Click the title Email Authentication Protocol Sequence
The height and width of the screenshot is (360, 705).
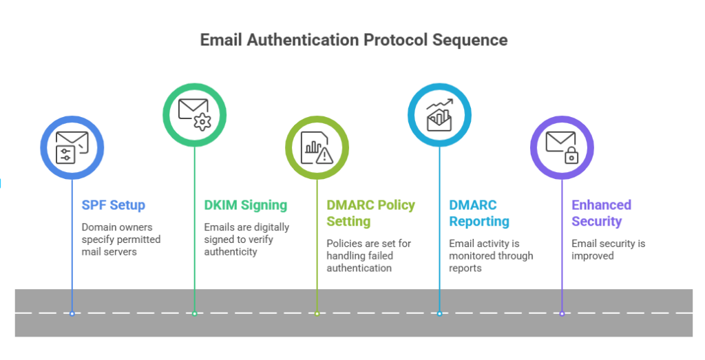point(353,40)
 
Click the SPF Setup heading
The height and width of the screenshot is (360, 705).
point(114,205)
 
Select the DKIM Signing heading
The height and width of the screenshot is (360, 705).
point(245,205)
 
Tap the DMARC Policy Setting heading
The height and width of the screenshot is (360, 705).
point(370,213)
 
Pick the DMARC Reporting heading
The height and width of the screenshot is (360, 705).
point(479,213)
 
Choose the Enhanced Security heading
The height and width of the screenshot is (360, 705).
point(601,213)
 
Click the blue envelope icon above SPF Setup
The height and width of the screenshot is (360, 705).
point(72,147)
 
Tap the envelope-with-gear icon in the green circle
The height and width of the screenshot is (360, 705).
point(194,114)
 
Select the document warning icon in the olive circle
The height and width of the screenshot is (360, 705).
point(317,147)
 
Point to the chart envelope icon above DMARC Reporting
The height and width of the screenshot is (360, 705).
point(439,114)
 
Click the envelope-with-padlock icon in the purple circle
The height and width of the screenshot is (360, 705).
point(562,147)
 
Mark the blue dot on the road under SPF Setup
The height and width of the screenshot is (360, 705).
point(72,314)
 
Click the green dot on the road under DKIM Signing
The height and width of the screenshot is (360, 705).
point(194,314)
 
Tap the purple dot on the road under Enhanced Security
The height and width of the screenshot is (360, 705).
point(562,314)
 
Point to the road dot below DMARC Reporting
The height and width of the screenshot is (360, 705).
point(439,314)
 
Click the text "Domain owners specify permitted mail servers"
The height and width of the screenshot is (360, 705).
point(121,240)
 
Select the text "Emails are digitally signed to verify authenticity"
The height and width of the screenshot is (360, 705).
point(246,240)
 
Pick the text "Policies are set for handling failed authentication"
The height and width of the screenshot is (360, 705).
point(369,256)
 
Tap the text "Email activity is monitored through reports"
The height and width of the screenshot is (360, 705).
point(491,256)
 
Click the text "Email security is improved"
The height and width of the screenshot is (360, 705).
point(608,249)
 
